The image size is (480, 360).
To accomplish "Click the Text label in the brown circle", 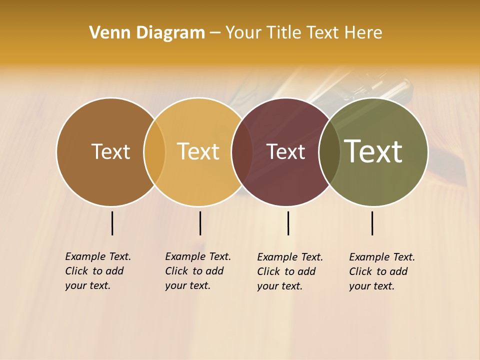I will (x=110, y=151).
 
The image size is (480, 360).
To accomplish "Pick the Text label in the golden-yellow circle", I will (x=198, y=151).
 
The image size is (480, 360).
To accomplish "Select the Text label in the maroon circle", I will (x=286, y=152).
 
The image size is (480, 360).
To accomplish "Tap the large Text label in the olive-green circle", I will (x=373, y=151).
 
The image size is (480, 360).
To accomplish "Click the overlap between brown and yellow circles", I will (x=154, y=152).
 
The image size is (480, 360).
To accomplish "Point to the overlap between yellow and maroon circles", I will (x=242, y=152).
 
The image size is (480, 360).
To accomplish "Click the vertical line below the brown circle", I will (x=112, y=223).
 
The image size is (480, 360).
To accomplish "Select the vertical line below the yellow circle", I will (x=200, y=223).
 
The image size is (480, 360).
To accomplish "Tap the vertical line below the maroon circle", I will (x=288, y=223).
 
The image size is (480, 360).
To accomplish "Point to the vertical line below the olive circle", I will (x=372, y=223).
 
